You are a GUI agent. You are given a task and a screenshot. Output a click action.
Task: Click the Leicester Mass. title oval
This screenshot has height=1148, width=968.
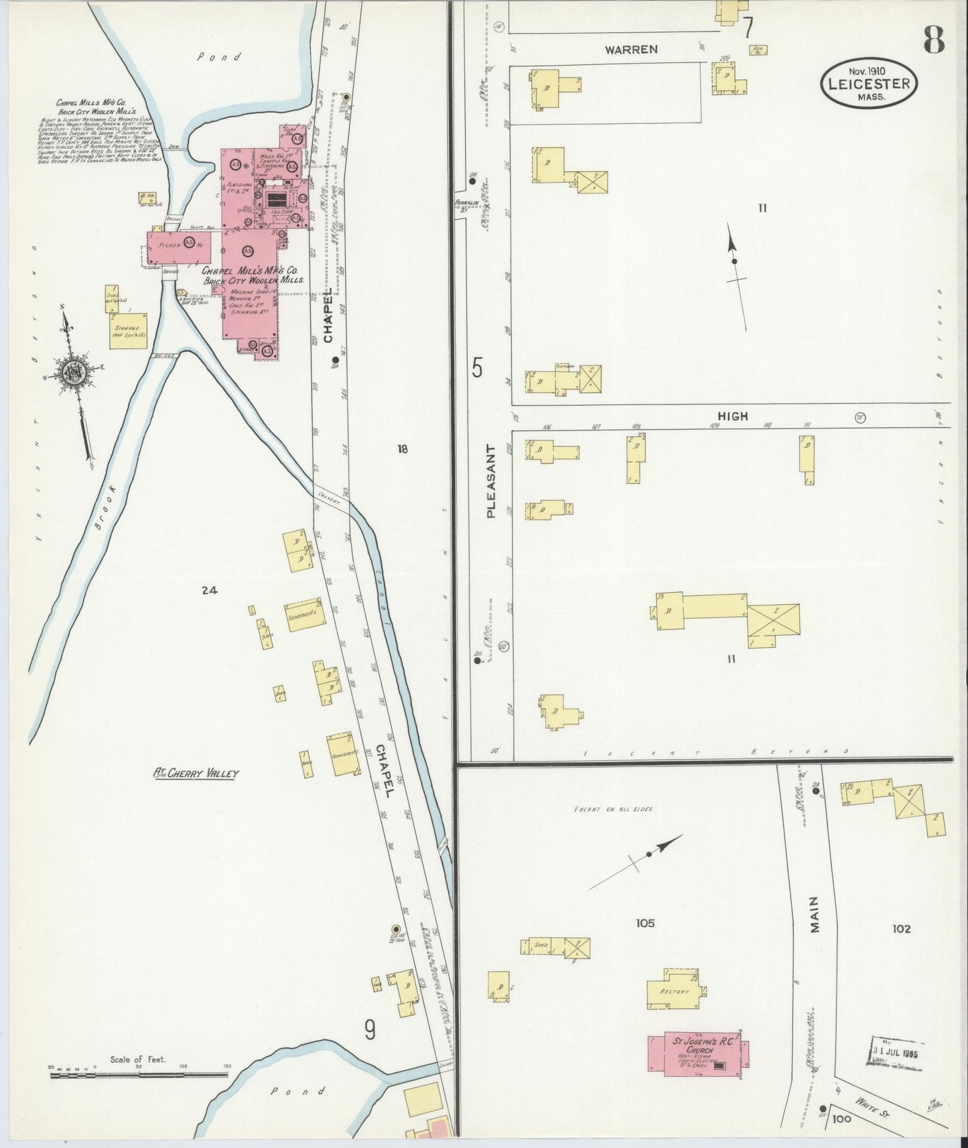click(x=869, y=83)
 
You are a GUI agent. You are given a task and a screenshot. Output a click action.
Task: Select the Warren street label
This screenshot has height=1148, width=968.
click(x=631, y=50)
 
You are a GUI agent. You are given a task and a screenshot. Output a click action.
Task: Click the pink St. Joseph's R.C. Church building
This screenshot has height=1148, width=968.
click(x=699, y=1052)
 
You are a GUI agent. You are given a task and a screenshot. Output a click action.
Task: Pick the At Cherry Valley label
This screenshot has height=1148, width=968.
click(x=196, y=774)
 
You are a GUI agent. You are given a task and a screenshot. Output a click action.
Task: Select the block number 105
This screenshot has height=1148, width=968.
click(x=645, y=923)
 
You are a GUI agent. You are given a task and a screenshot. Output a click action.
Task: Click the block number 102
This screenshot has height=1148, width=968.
click(x=902, y=928)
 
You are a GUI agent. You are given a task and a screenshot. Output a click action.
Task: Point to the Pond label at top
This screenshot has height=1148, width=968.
click(x=218, y=58)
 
